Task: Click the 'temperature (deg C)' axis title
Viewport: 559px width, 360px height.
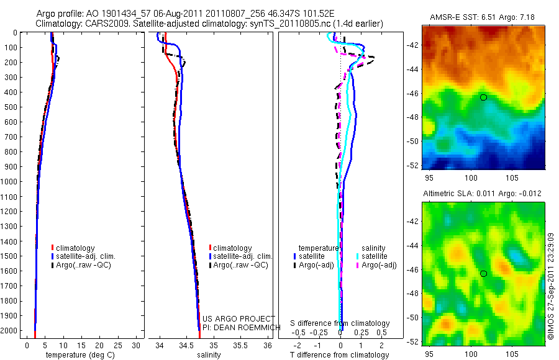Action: tap(79, 355)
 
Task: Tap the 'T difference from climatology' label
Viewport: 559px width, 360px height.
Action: tap(340, 355)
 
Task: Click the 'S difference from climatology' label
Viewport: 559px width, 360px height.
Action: tap(340, 323)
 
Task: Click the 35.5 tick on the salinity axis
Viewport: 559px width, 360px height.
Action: tap(240, 344)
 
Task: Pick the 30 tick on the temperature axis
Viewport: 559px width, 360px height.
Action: tap(137, 344)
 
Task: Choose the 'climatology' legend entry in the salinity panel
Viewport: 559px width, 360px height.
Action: tap(232, 248)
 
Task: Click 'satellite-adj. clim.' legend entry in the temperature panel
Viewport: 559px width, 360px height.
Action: tap(86, 256)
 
